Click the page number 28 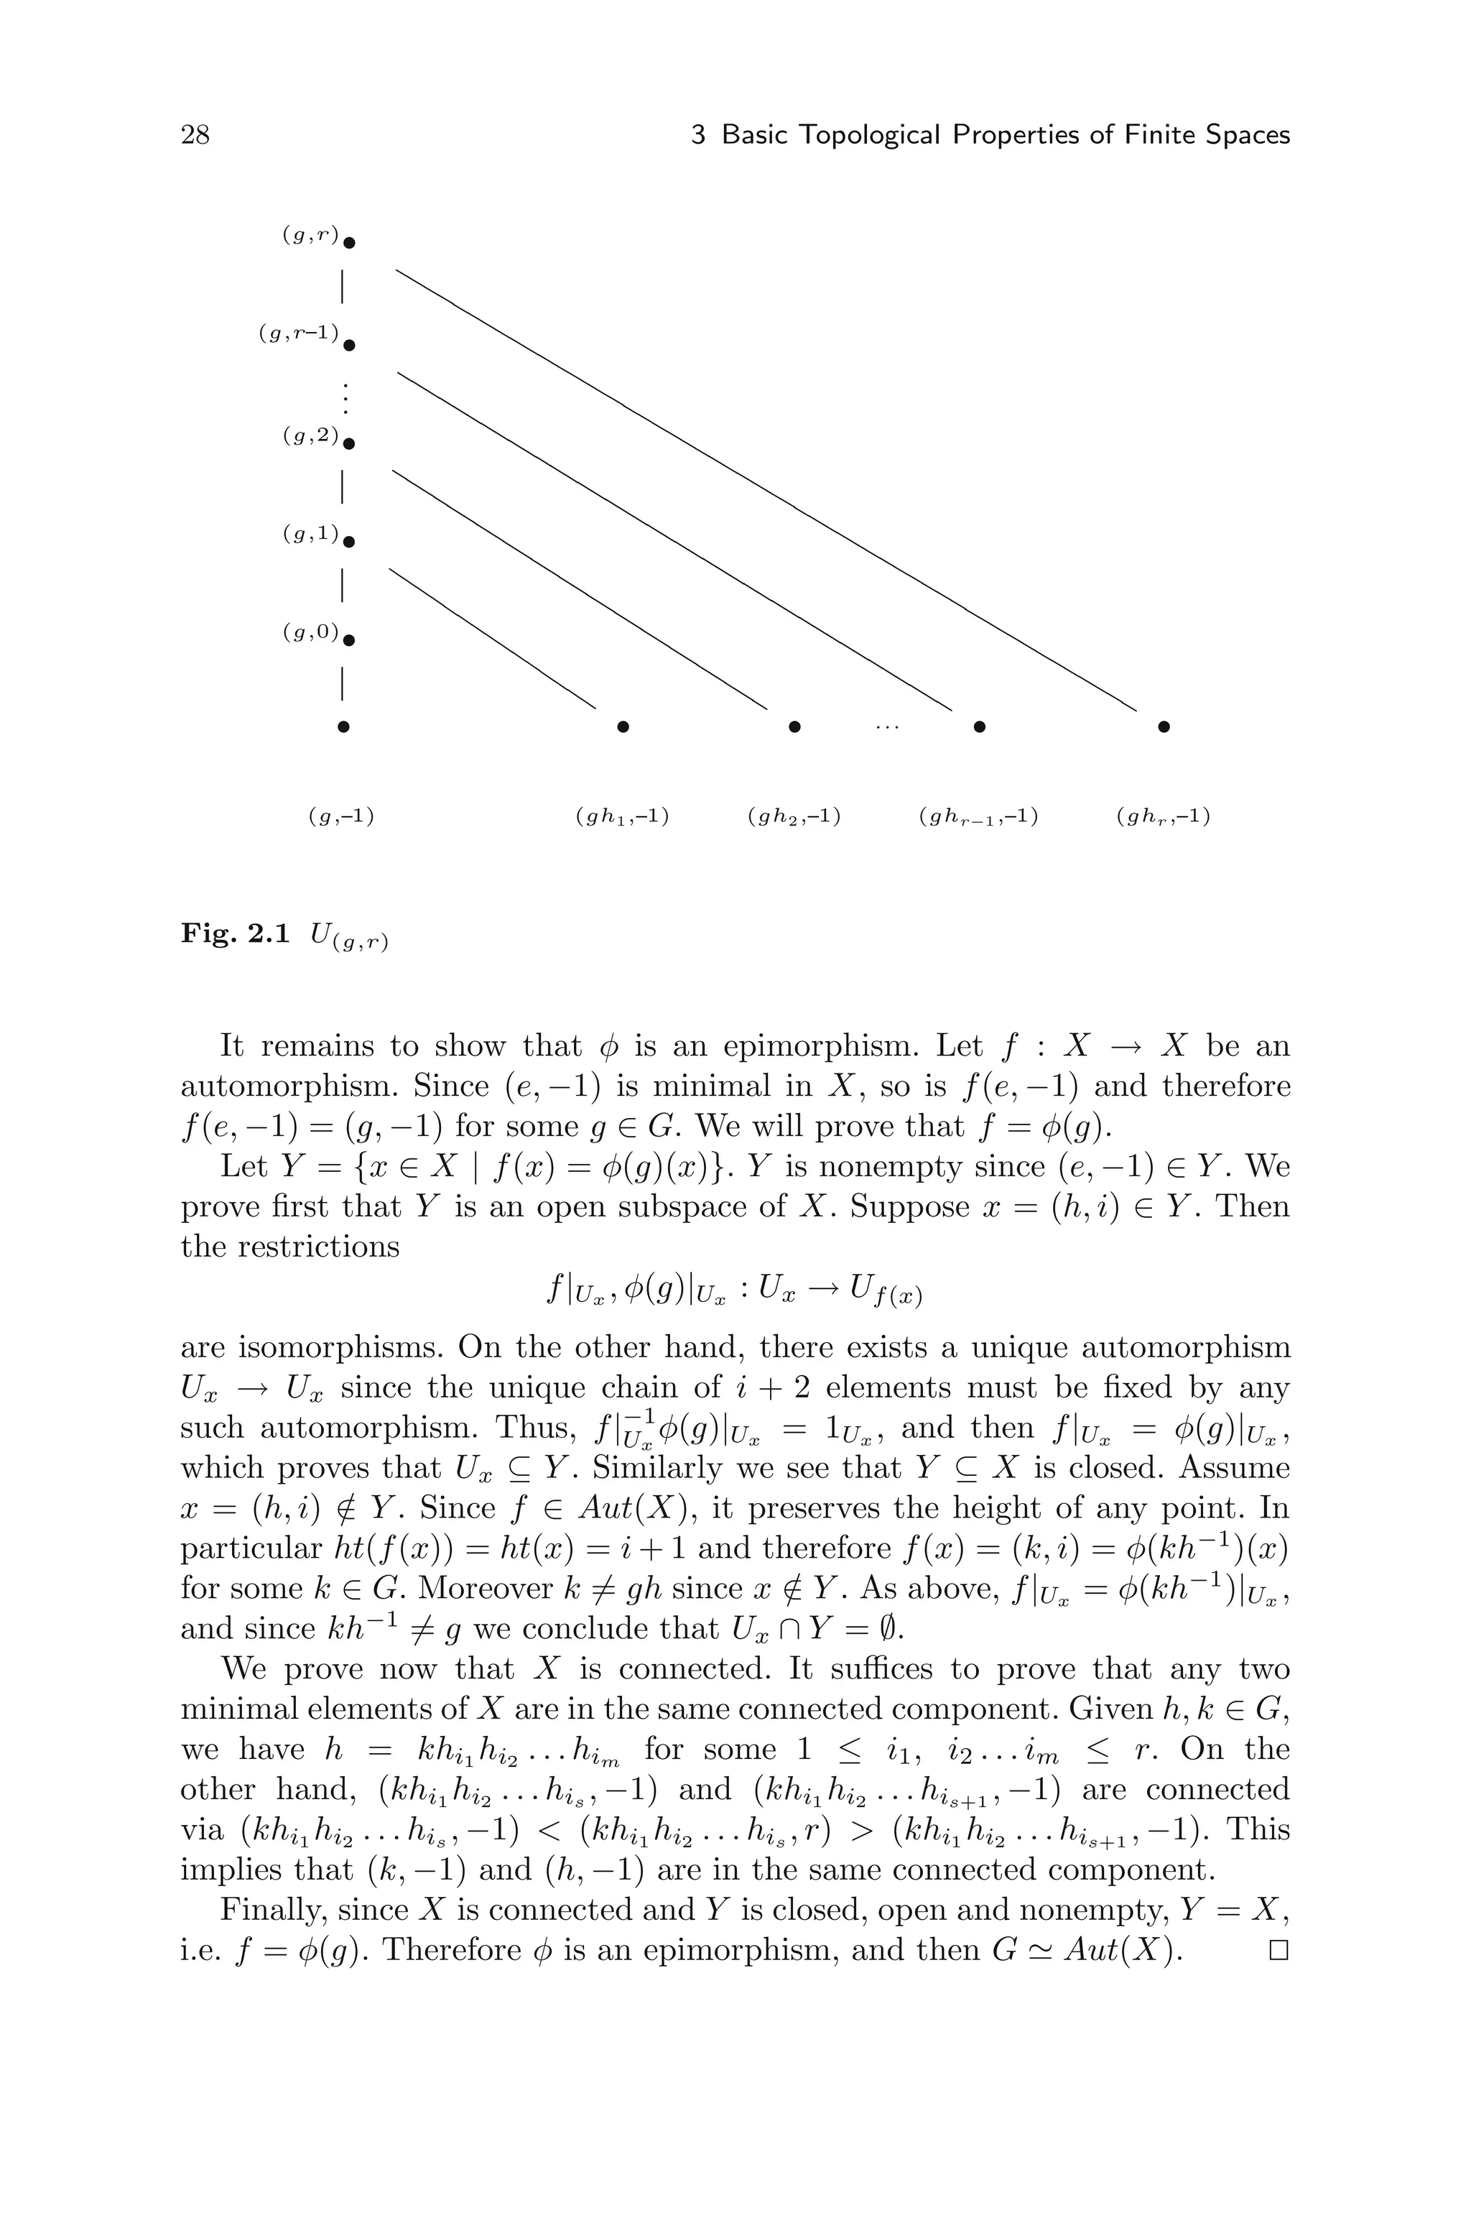(195, 135)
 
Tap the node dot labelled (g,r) (349, 244)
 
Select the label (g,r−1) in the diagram (298, 333)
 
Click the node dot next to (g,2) (349, 444)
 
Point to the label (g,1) (310, 534)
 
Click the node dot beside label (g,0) (349, 642)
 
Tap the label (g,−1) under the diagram (341, 816)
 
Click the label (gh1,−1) (622, 816)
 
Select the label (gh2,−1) (794, 816)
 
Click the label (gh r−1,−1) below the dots (978, 816)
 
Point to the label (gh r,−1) (1164, 816)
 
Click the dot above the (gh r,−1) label (1164, 726)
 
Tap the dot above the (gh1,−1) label (623, 726)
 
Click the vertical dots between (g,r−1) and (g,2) (345, 399)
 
